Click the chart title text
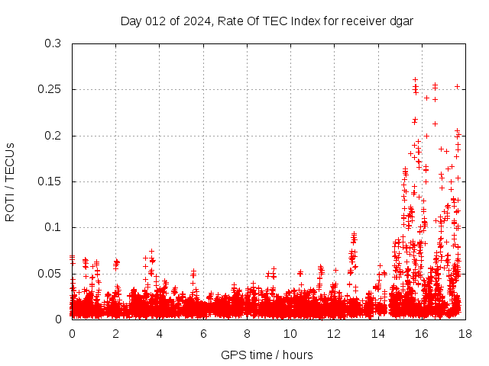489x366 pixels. tap(267, 21)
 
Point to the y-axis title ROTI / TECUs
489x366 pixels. tap(10, 181)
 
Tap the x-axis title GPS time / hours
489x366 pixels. tap(267, 355)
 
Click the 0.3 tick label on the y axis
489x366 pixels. tap(53, 44)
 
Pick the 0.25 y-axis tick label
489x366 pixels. tap(50, 90)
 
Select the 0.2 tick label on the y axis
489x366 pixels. tap(53, 136)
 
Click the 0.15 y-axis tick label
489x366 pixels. tap(50, 181)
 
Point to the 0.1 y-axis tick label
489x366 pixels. tap(53, 227)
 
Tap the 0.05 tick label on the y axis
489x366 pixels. tap(50, 273)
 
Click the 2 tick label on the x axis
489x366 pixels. tap(116, 334)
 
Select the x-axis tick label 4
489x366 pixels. tap(160, 334)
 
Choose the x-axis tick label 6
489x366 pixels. tap(203, 334)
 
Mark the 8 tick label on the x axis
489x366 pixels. tap(247, 334)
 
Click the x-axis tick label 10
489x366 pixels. tap(290, 334)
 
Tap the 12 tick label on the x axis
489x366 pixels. tap(334, 334)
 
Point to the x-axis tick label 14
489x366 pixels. tap(377, 334)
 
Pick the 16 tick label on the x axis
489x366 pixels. tap(421, 334)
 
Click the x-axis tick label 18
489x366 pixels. tap(465, 334)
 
